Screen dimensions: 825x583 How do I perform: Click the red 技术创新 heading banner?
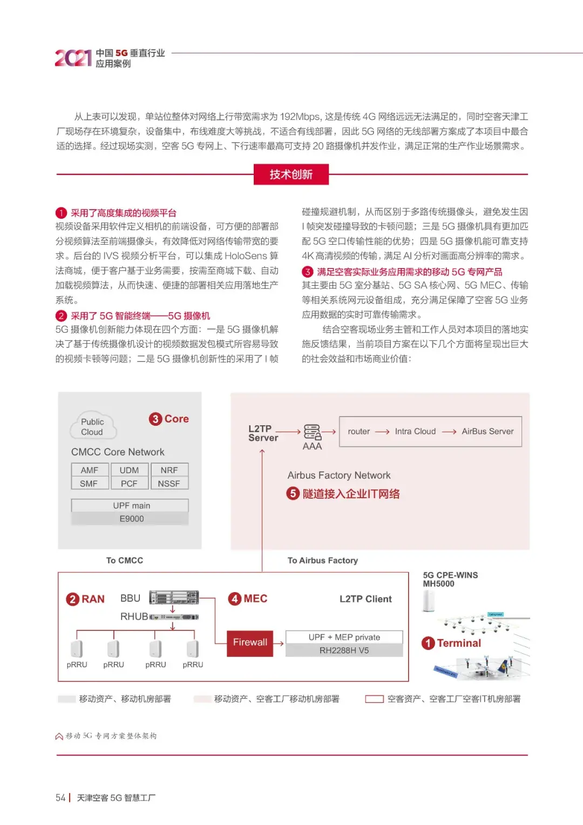coord(291,175)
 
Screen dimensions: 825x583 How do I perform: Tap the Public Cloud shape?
coord(93,427)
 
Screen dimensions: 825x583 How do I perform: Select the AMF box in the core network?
coord(90,470)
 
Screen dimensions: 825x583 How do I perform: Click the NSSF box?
coord(169,484)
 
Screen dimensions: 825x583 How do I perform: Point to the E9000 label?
coord(131,519)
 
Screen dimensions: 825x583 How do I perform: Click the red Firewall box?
coord(250,642)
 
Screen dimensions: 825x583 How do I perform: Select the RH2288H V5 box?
coord(344,650)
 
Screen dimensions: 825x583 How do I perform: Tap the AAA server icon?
coord(312,432)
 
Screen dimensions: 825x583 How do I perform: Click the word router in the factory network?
coord(358,431)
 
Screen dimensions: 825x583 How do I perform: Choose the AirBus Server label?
coord(487,431)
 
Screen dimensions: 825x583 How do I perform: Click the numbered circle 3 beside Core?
coord(155,419)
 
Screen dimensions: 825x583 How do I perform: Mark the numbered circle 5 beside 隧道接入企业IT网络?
coord(293,493)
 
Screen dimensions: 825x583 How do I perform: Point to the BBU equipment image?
coord(174,598)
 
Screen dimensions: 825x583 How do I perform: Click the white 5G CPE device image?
coord(429,601)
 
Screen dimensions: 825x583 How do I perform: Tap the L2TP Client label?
coord(365,599)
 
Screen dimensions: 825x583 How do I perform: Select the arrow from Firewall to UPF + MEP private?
coord(279,643)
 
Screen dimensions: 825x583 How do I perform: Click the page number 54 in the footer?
coord(60,798)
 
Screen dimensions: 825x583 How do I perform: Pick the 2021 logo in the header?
coord(73,58)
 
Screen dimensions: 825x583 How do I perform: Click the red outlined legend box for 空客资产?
coord(374,699)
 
